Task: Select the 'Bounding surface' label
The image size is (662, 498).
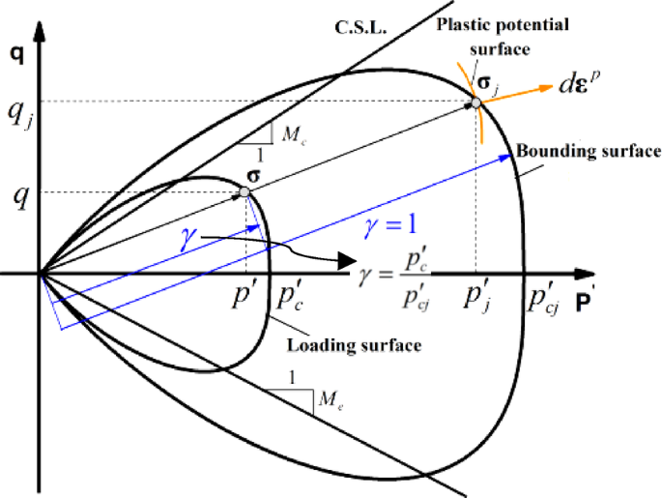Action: coord(588,152)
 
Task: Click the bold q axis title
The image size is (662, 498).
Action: coord(14,55)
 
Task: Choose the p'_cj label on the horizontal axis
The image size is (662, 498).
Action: coord(541,295)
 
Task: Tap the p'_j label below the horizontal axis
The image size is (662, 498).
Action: coord(477,295)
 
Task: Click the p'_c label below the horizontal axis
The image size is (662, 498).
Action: coord(291,295)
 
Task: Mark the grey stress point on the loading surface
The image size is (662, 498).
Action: coord(245,192)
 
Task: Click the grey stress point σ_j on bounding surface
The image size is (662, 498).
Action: coord(475,102)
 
